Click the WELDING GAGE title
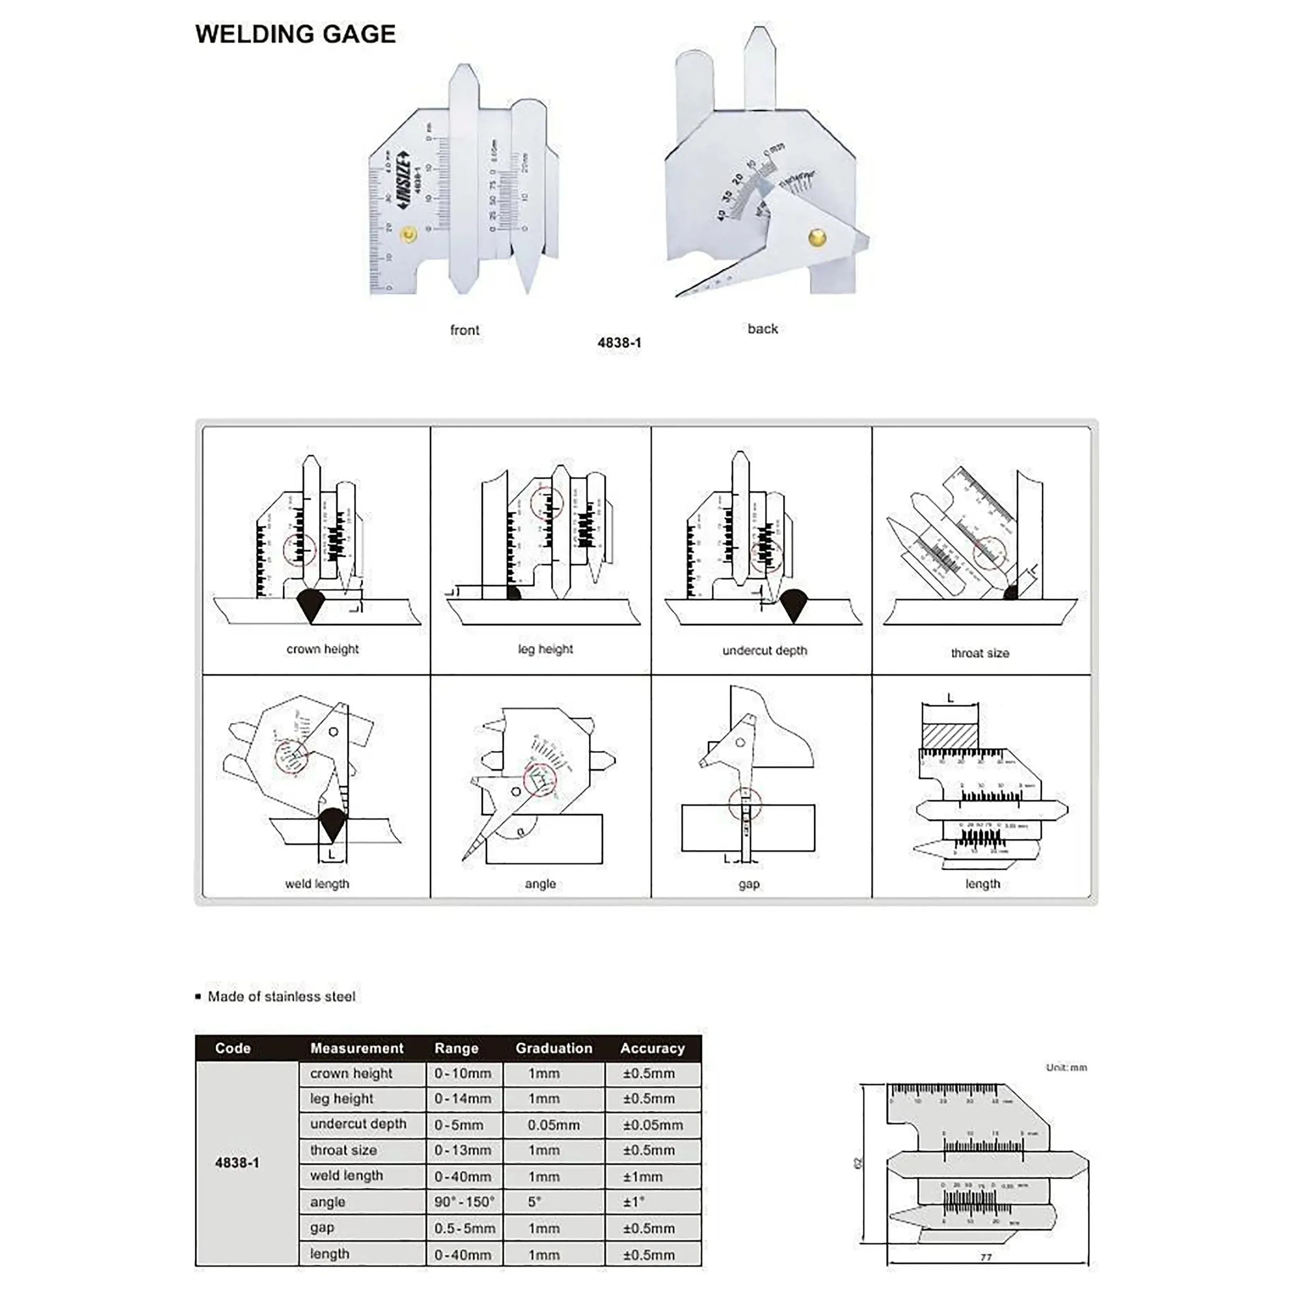(295, 34)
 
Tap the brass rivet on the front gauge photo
(408, 235)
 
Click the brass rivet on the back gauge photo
(817, 237)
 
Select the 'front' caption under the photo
(464, 330)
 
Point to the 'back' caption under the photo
(762, 329)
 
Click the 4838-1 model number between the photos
(619, 342)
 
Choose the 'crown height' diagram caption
(323, 649)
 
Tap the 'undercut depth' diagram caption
(764, 650)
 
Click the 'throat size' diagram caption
(980, 653)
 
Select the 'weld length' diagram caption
(317, 884)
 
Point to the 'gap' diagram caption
(749, 884)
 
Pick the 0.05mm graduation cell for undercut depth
(553, 1125)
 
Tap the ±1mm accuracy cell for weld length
(643, 1177)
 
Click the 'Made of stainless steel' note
(281, 996)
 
